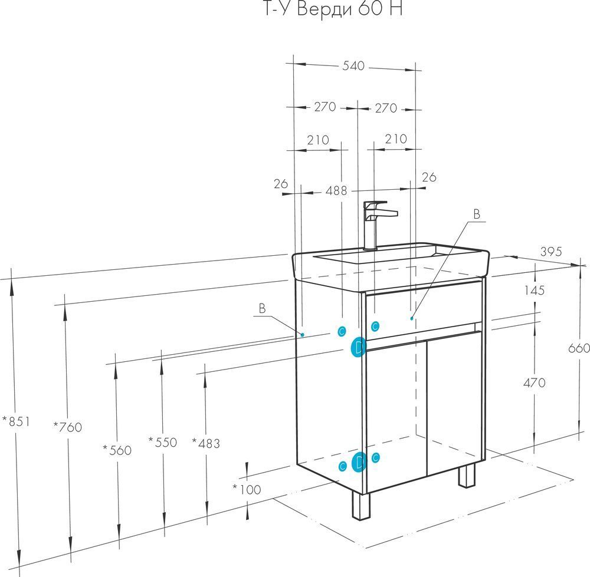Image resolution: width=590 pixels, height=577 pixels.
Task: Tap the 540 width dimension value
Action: click(354, 65)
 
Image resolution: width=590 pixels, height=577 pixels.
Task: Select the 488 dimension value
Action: click(337, 190)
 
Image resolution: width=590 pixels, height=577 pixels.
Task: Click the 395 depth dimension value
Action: click(550, 252)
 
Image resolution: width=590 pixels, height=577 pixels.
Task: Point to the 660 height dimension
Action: click(579, 348)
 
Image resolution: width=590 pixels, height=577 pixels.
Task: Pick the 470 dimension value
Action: click(534, 383)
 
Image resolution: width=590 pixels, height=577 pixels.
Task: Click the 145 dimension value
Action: click(533, 290)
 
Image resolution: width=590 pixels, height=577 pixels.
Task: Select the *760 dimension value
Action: click(67, 427)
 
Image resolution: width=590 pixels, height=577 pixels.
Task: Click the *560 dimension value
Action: click(117, 450)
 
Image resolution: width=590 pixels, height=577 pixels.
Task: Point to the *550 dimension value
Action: click(162, 442)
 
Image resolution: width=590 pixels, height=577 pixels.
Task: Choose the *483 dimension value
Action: click(206, 443)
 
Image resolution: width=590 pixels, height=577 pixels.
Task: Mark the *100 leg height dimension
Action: click(246, 489)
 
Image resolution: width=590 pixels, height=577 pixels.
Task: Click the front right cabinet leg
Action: click(467, 475)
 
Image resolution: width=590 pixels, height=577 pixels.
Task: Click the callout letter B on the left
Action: click(262, 308)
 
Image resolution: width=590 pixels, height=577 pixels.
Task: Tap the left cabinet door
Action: click(396, 413)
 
